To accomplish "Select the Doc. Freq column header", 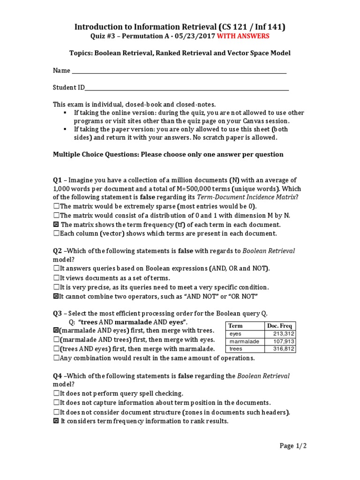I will pyautogui.click(x=279, y=326).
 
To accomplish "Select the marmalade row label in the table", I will pyautogui.click(x=244, y=341).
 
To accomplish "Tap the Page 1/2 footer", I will pyautogui.click(x=293, y=446).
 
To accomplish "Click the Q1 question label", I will pyautogui.click(x=57, y=180).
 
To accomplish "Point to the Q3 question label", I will pyautogui.click(x=57, y=313).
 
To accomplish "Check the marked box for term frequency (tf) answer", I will pyautogui.click(x=56, y=225).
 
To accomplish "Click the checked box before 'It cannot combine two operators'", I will pyautogui.click(x=56, y=296).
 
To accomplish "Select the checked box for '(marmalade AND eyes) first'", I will pyautogui.click(x=56, y=330).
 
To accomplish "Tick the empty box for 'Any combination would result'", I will pyautogui.click(x=56, y=358).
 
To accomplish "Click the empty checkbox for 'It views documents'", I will pyautogui.click(x=56, y=278).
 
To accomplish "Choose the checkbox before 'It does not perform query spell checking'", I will pyautogui.click(x=56, y=393).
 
